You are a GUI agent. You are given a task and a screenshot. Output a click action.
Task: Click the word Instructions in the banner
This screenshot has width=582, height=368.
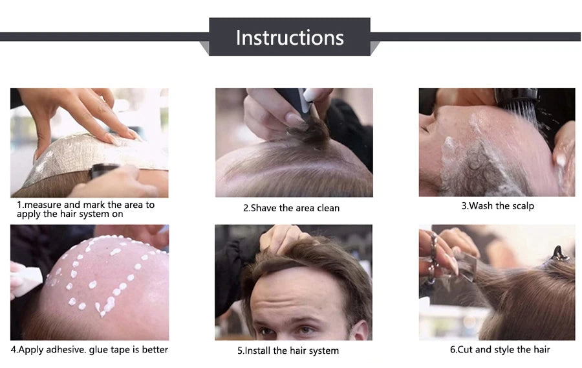pos(290,38)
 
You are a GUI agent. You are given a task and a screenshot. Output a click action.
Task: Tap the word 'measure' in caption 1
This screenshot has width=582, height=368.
pos(43,205)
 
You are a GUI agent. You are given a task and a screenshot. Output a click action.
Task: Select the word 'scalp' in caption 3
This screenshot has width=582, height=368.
pos(523,206)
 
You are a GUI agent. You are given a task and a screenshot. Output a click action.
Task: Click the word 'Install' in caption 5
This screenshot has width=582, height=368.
pos(257,351)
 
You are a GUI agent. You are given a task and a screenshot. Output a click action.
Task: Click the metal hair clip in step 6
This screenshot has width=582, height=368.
pos(557,254)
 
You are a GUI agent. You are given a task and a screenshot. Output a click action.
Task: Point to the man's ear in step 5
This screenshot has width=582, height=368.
pos(360,330)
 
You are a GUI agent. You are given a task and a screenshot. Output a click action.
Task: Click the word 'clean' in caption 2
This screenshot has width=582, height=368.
pos(328,208)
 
